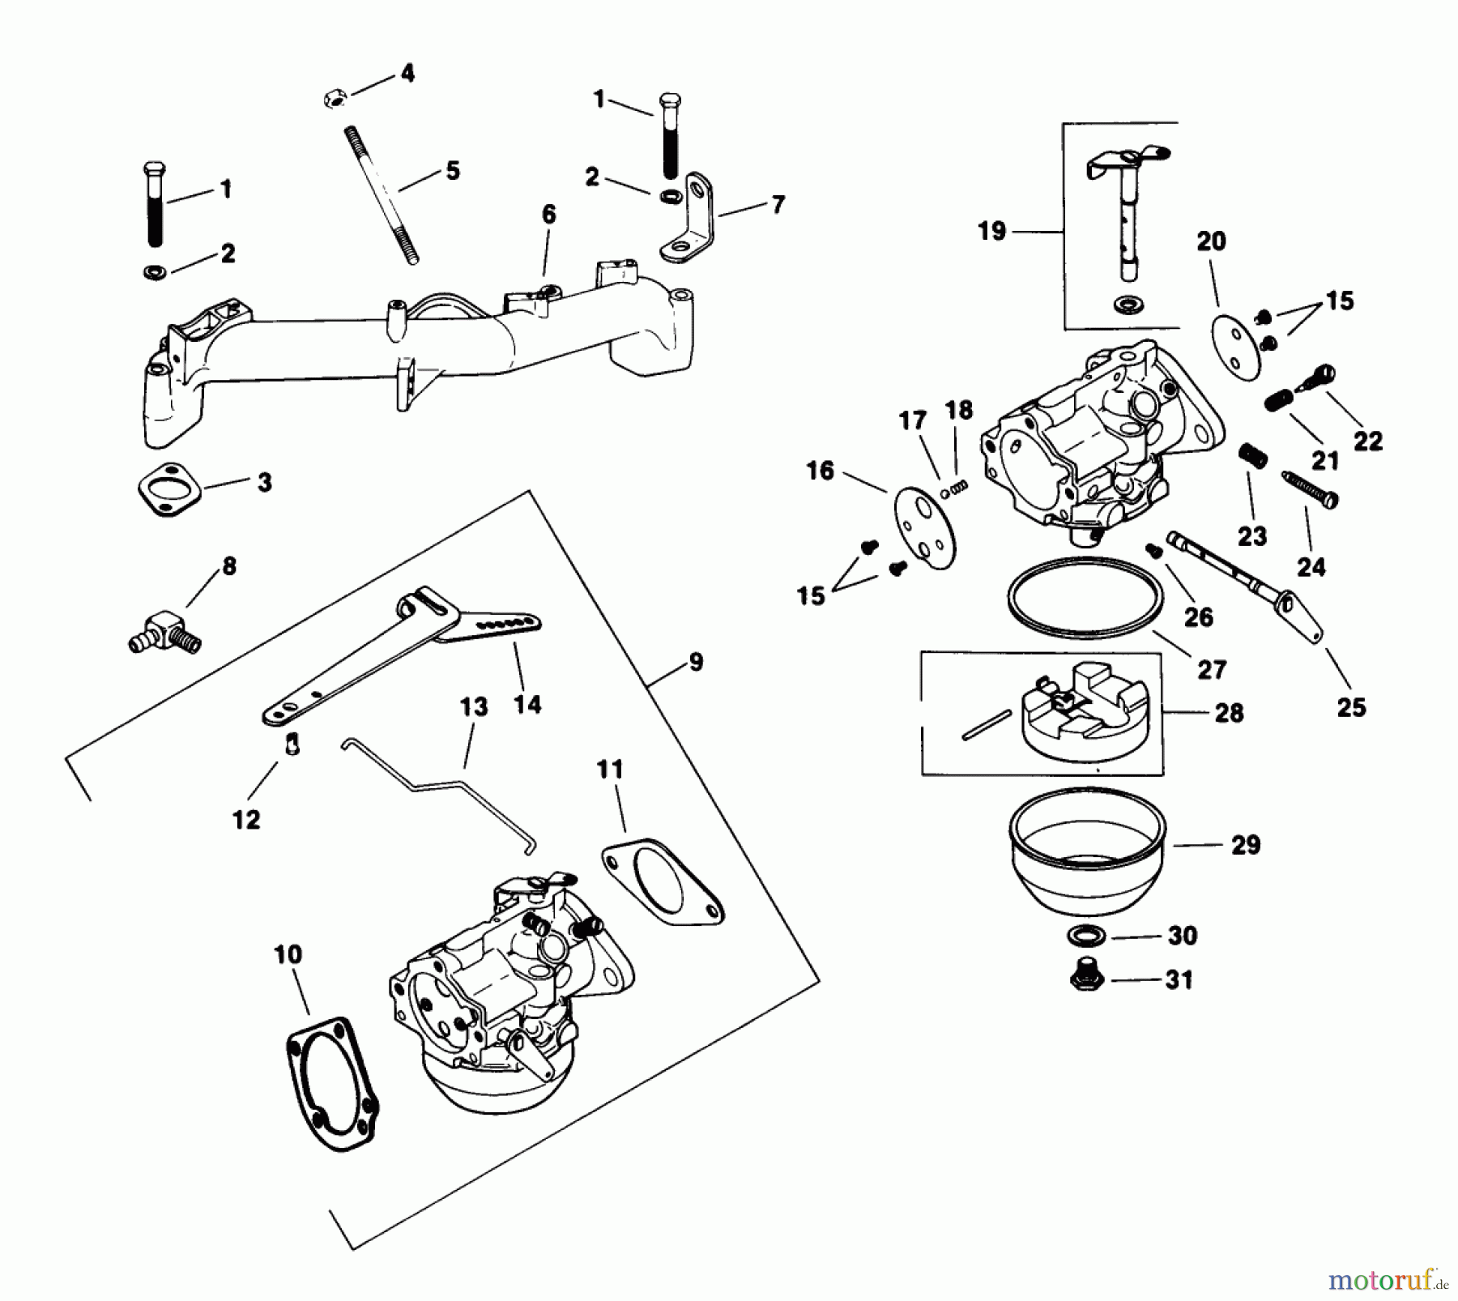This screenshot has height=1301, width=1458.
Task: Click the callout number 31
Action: (x=1179, y=980)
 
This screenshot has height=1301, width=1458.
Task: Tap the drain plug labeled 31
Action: (x=1086, y=977)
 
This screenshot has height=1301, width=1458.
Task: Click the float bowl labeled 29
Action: (x=1086, y=851)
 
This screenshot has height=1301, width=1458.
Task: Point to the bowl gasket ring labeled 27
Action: (x=1085, y=600)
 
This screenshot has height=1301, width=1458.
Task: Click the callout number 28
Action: (x=1229, y=713)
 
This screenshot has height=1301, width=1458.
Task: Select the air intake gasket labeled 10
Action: (x=334, y=1084)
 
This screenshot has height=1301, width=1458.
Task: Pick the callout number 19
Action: (x=991, y=232)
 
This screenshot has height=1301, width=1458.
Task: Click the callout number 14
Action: (x=526, y=705)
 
